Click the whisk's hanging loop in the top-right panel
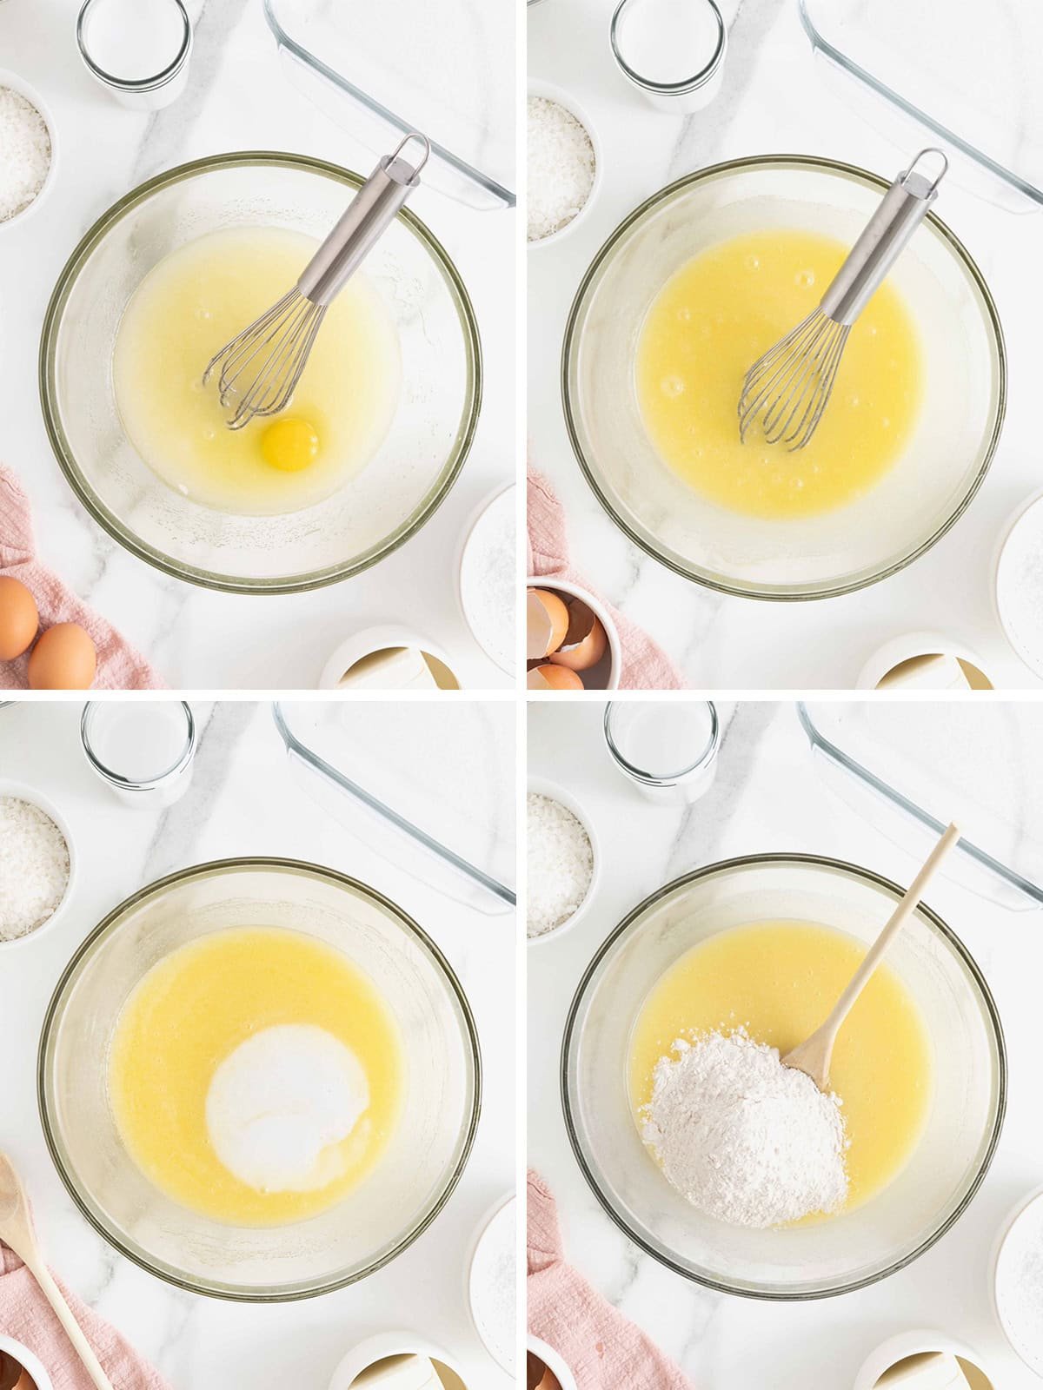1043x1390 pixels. [927, 168]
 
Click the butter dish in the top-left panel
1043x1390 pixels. [391, 665]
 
